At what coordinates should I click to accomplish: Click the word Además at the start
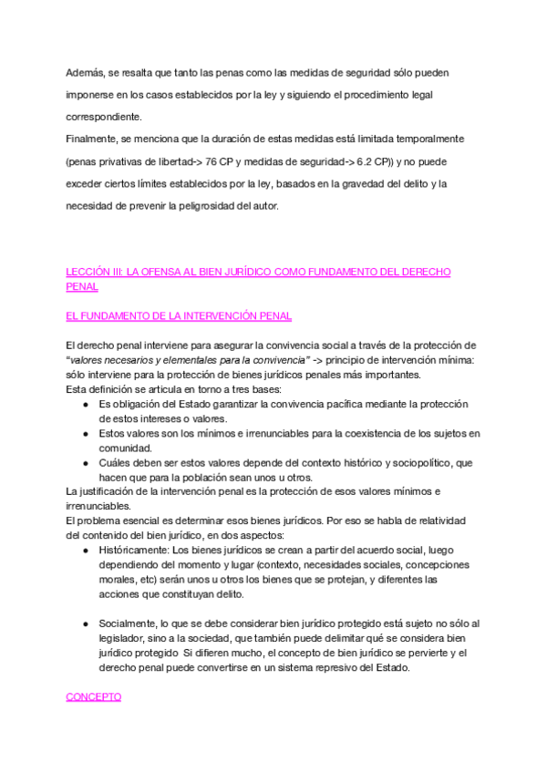87,71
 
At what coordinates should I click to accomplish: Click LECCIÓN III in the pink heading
95,272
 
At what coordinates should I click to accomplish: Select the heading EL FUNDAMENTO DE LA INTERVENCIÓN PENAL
179,316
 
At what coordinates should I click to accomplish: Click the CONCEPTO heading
94,696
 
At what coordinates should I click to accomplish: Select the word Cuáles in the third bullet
116,463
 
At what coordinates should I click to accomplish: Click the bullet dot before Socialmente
85,624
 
